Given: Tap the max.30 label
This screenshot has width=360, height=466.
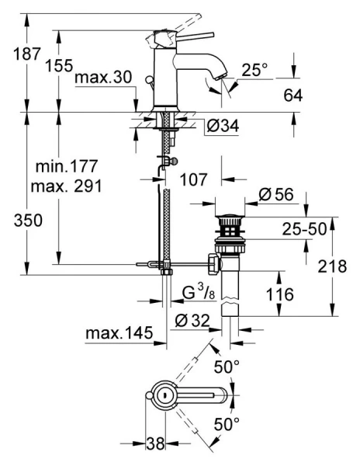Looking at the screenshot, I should coord(103,78).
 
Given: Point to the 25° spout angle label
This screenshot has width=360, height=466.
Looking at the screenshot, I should coord(253,69).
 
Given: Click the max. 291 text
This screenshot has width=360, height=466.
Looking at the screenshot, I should coord(67,187).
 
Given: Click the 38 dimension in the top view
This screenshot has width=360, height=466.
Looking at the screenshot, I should coord(156,445).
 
